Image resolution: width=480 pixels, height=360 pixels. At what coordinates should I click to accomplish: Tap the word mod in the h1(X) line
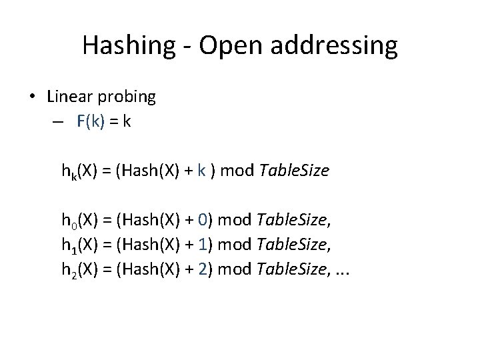pos(234,246)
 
